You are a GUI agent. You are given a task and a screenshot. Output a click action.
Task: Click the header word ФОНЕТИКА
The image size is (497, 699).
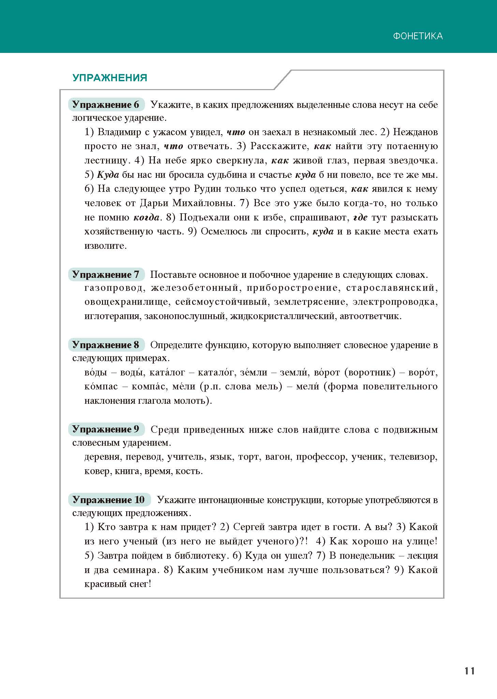coord(418,36)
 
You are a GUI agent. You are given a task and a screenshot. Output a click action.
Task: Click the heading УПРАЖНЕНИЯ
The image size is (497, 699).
coord(110,78)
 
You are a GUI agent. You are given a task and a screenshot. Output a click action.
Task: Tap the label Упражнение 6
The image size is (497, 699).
coord(106,105)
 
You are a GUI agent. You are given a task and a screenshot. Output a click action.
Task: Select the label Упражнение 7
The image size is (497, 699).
coord(106,275)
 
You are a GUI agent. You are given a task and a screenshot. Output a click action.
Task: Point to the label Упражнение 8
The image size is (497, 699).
coord(106,345)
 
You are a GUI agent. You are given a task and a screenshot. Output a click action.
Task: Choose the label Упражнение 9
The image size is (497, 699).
coord(106,429)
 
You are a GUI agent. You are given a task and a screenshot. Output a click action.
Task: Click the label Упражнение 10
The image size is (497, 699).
coord(109,500)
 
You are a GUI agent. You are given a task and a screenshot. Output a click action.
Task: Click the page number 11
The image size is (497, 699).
coord(469,671)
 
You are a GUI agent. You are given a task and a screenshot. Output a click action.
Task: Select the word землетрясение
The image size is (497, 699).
coord(310,302)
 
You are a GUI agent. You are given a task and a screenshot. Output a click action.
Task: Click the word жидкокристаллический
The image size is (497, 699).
coord(282,316)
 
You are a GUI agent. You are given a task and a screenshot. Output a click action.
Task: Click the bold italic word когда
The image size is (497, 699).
coord(146,217)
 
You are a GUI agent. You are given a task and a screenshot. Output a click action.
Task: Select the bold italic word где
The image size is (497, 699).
coord(360,217)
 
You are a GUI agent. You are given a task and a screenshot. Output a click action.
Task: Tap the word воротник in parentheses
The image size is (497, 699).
coord(370,372)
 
